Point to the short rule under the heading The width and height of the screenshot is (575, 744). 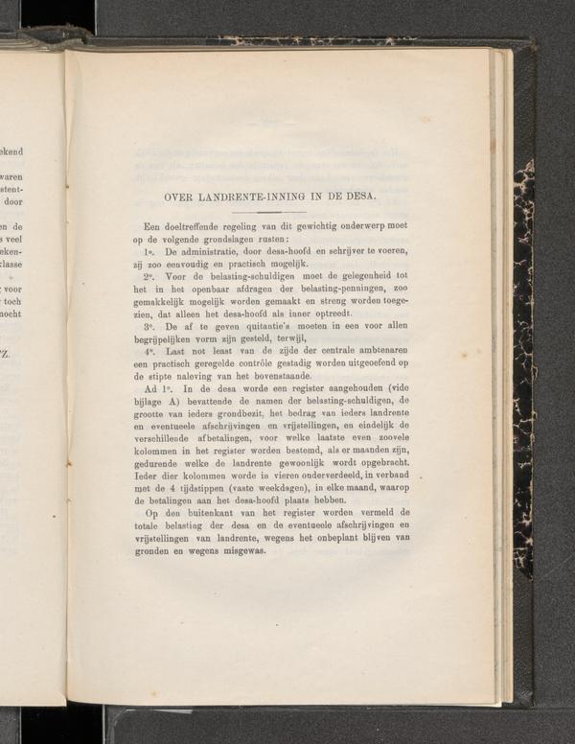point(269,212)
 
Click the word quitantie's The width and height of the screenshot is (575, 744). point(259,326)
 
